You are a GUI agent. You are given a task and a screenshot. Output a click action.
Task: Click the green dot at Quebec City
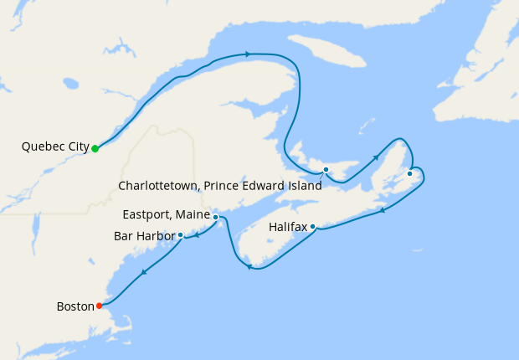[x=95, y=148]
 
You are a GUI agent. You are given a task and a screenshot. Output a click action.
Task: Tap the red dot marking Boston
[x=100, y=305]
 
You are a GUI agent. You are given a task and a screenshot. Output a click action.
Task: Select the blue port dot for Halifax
[x=312, y=226]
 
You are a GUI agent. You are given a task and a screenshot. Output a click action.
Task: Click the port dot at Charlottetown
[x=326, y=170]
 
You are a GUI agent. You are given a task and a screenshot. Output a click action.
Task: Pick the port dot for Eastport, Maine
[x=216, y=217]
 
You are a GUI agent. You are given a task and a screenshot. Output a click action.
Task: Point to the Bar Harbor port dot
[x=181, y=234]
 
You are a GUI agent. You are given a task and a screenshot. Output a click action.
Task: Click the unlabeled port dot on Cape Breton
[x=409, y=173]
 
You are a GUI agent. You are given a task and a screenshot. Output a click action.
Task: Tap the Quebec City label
[x=55, y=147]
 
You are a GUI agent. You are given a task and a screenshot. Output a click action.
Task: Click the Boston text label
[x=75, y=306]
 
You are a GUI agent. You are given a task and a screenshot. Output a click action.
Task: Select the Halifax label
[x=288, y=227]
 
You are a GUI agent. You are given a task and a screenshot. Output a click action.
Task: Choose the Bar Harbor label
[x=144, y=236]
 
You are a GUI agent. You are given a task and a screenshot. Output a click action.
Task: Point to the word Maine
[x=193, y=215]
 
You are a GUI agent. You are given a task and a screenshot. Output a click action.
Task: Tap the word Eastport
[x=148, y=215]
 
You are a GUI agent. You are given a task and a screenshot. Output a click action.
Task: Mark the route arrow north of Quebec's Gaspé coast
[x=248, y=54]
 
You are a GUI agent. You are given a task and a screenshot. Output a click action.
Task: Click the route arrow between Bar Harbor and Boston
[x=144, y=271]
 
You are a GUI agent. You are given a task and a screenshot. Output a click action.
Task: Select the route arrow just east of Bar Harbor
[x=197, y=235]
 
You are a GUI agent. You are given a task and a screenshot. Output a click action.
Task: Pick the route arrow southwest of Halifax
[x=249, y=266]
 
